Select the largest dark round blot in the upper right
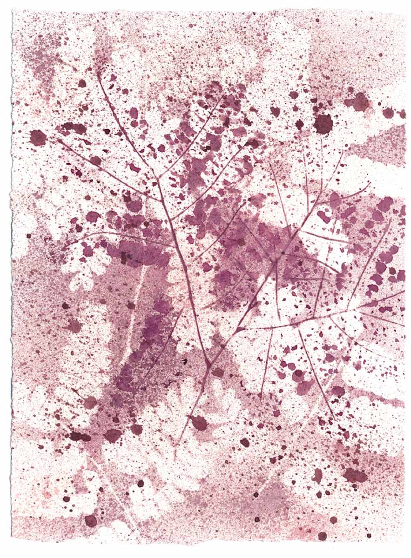tap(323, 124)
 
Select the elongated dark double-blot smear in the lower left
tap(79, 436)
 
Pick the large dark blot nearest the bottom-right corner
tap(355, 475)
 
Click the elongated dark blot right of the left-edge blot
tap(70, 126)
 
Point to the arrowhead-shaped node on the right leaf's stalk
tap(240, 330)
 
